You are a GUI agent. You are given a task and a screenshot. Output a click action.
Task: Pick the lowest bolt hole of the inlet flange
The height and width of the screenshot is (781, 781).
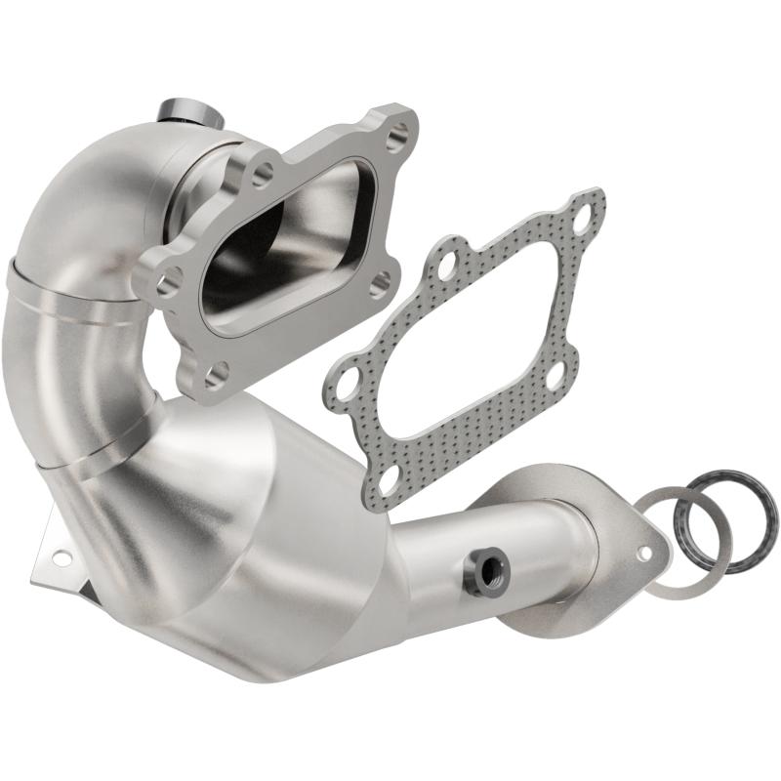click(x=218, y=372)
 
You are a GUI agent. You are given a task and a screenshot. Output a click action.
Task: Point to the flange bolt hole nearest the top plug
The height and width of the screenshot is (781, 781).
click(x=263, y=176)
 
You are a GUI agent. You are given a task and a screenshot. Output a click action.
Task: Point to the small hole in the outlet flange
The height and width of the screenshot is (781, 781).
click(x=644, y=553)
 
